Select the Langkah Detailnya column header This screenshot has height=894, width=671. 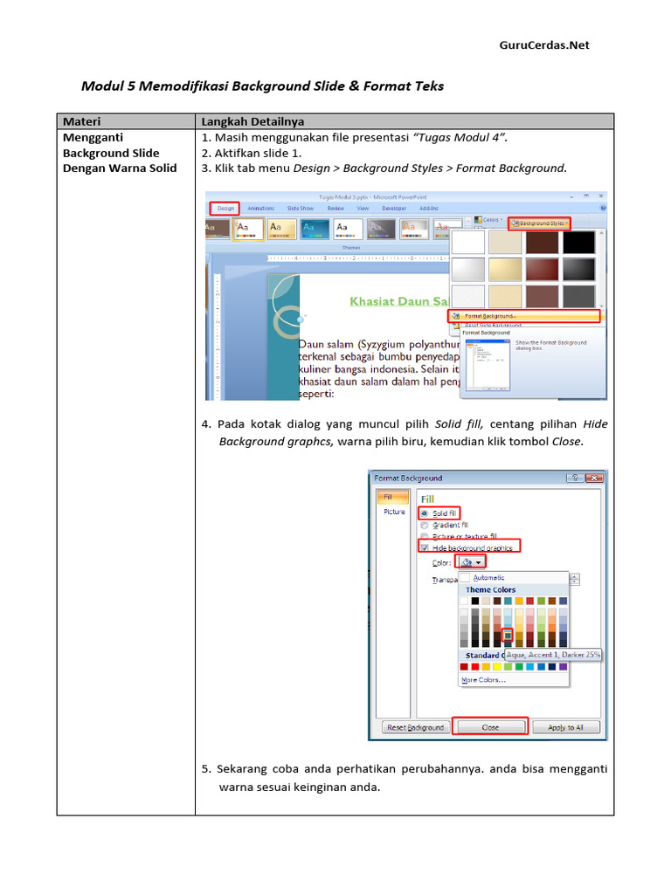click(252, 121)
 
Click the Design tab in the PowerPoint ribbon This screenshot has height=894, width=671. click(225, 209)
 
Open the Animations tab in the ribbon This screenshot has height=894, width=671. click(260, 209)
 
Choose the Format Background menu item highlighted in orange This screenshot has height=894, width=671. click(524, 316)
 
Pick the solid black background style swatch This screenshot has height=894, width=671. click(578, 243)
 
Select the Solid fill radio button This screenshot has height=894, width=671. click(425, 513)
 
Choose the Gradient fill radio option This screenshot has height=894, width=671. click(425, 526)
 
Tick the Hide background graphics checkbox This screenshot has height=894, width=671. click(425, 547)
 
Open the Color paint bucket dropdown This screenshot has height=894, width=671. click(471, 563)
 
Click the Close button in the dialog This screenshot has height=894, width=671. click(490, 727)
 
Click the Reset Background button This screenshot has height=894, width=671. click(416, 727)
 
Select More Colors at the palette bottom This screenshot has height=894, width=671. click(482, 680)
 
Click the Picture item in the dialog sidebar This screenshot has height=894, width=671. click(394, 512)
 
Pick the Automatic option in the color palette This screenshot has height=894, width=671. click(488, 577)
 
